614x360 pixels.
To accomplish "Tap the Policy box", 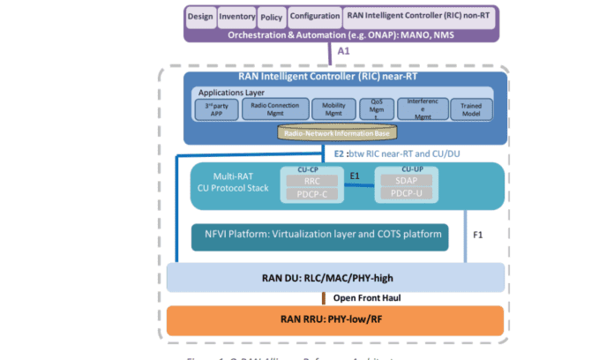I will [x=272, y=16].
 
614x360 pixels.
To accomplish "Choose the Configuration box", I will [x=315, y=16].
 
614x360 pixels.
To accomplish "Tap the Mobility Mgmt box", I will [x=333, y=109].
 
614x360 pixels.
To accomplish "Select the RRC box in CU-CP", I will [x=304, y=180].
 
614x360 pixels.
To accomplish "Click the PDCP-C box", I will [x=304, y=194].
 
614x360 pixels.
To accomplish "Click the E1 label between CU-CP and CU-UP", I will [x=354, y=176].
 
